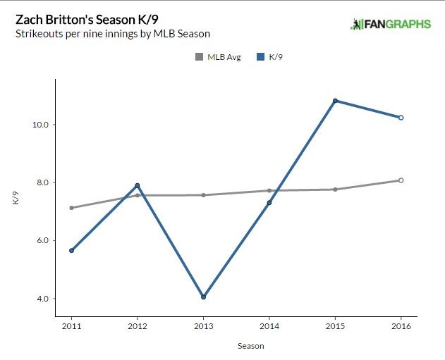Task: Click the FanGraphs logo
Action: tap(390, 24)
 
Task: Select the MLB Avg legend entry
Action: tap(219, 57)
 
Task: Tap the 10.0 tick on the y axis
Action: tap(39, 125)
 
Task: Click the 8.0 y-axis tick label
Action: tap(41, 182)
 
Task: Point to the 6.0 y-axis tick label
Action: tap(41, 240)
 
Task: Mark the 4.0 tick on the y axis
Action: tap(41, 299)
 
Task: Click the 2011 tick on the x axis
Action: tap(71, 326)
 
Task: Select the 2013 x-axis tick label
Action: tap(203, 326)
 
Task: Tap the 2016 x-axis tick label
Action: tap(401, 326)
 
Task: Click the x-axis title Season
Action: tap(236, 346)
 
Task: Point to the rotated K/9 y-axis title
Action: tap(15, 199)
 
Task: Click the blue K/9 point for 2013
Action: tap(203, 297)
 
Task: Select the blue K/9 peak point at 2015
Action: tap(335, 101)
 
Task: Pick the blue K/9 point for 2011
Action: tap(71, 250)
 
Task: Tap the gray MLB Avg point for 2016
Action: tap(401, 180)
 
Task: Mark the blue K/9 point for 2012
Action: tap(138, 185)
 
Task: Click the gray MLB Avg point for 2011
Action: tap(71, 208)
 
